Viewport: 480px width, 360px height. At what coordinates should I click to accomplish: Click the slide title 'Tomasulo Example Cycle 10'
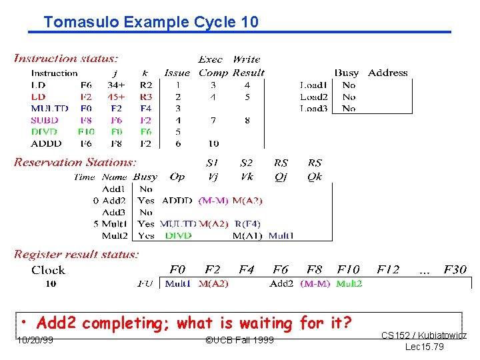(x=151, y=22)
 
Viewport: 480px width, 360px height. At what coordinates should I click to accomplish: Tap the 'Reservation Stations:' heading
(x=75, y=162)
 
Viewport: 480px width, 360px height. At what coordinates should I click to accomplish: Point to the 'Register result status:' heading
(x=76, y=254)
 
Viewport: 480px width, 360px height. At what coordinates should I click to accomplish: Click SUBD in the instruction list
(x=45, y=120)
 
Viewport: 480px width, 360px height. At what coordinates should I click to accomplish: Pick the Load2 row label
(x=313, y=97)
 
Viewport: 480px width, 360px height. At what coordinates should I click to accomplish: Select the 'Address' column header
(x=387, y=73)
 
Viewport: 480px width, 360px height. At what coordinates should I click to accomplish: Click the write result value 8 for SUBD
(x=247, y=120)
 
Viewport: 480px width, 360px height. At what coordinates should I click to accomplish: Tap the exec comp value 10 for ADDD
(x=213, y=143)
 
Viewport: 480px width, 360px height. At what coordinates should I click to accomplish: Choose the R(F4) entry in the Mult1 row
(x=247, y=223)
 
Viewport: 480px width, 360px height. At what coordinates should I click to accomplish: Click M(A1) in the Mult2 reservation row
(x=248, y=235)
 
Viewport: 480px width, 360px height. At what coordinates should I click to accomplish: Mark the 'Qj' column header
(x=281, y=177)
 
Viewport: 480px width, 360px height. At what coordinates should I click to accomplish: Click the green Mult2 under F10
(x=349, y=283)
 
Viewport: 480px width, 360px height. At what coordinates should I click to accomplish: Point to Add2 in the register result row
(x=282, y=283)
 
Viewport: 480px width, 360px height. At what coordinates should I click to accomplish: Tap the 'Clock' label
(x=48, y=270)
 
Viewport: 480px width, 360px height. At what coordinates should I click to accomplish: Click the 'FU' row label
(x=145, y=283)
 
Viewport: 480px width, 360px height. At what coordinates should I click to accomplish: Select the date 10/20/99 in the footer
(x=36, y=341)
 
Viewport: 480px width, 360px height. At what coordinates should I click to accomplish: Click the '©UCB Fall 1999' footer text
(x=239, y=341)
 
